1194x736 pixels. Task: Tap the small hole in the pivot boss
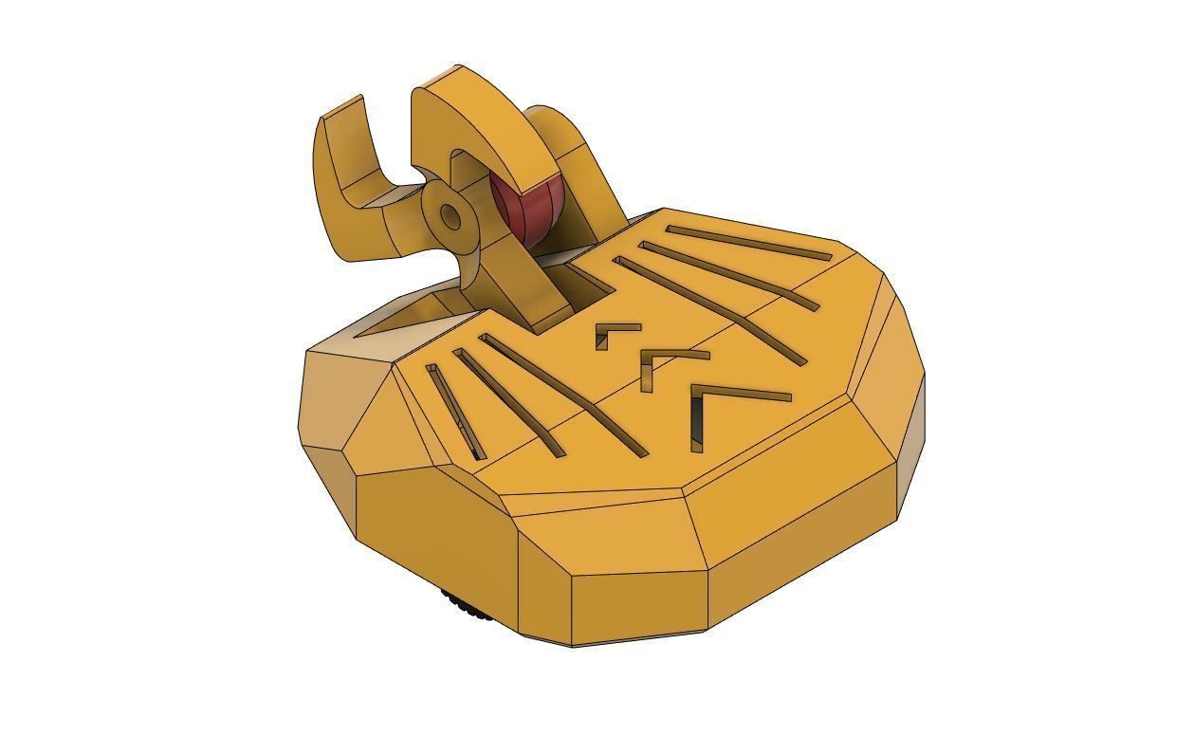click(x=451, y=219)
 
